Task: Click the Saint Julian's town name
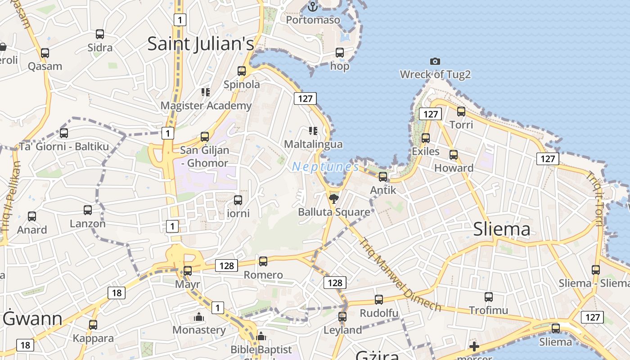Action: coord(201,44)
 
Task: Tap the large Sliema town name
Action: coord(502,229)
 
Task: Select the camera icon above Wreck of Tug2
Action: coord(435,61)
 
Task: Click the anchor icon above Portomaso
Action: coord(312,6)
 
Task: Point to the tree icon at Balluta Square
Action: coord(333,198)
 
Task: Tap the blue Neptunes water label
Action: coord(325,167)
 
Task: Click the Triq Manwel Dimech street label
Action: coord(400,274)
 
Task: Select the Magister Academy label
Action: coord(206,106)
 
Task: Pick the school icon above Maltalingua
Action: coord(313,131)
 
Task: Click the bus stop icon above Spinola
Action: coord(242,71)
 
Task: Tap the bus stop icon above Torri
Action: coord(461,111)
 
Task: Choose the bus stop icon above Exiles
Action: coord(425,138)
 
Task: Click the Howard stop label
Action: coord(454,168)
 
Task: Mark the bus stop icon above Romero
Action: coord(263,261)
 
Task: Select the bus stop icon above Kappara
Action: coord(93,324)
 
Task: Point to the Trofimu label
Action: coord(488,310)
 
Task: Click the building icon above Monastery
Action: coord(199,317)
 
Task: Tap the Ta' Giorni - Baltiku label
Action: coord(64,147)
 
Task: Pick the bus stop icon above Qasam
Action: coord(45,53)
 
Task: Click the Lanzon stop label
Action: coord(88,224)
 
